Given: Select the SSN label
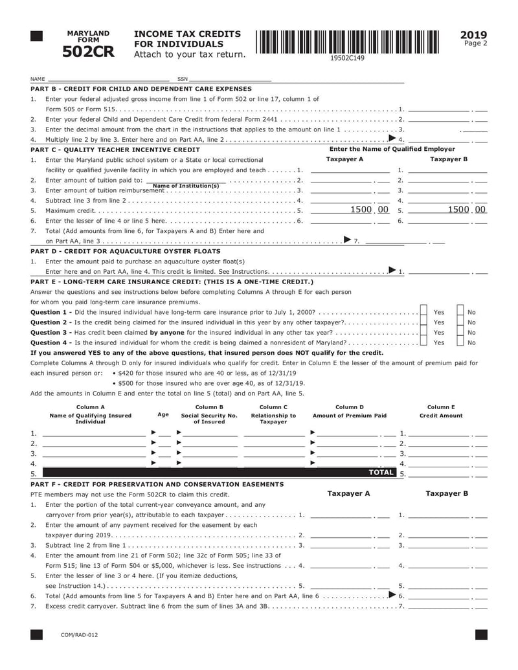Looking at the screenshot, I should click(x=182, y=79).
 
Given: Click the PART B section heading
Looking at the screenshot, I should click(x=141, y=88).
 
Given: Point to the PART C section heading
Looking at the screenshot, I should click(x=115, y=149).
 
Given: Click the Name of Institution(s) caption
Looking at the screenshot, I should click(x=185, y=186).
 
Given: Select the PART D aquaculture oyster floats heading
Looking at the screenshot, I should click(x=125, y=251).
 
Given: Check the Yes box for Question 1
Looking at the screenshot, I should click(x=423, y=312).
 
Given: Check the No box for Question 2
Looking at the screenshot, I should click(x=460, y=322).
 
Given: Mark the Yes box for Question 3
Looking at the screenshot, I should click(x=423, y=332).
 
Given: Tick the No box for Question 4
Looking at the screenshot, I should click(x=460, y=342).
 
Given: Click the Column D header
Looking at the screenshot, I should click(x=349, y=407).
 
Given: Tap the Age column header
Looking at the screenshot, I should click(x=163, y=414).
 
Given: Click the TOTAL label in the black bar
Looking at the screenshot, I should click(x=381, y=473).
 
